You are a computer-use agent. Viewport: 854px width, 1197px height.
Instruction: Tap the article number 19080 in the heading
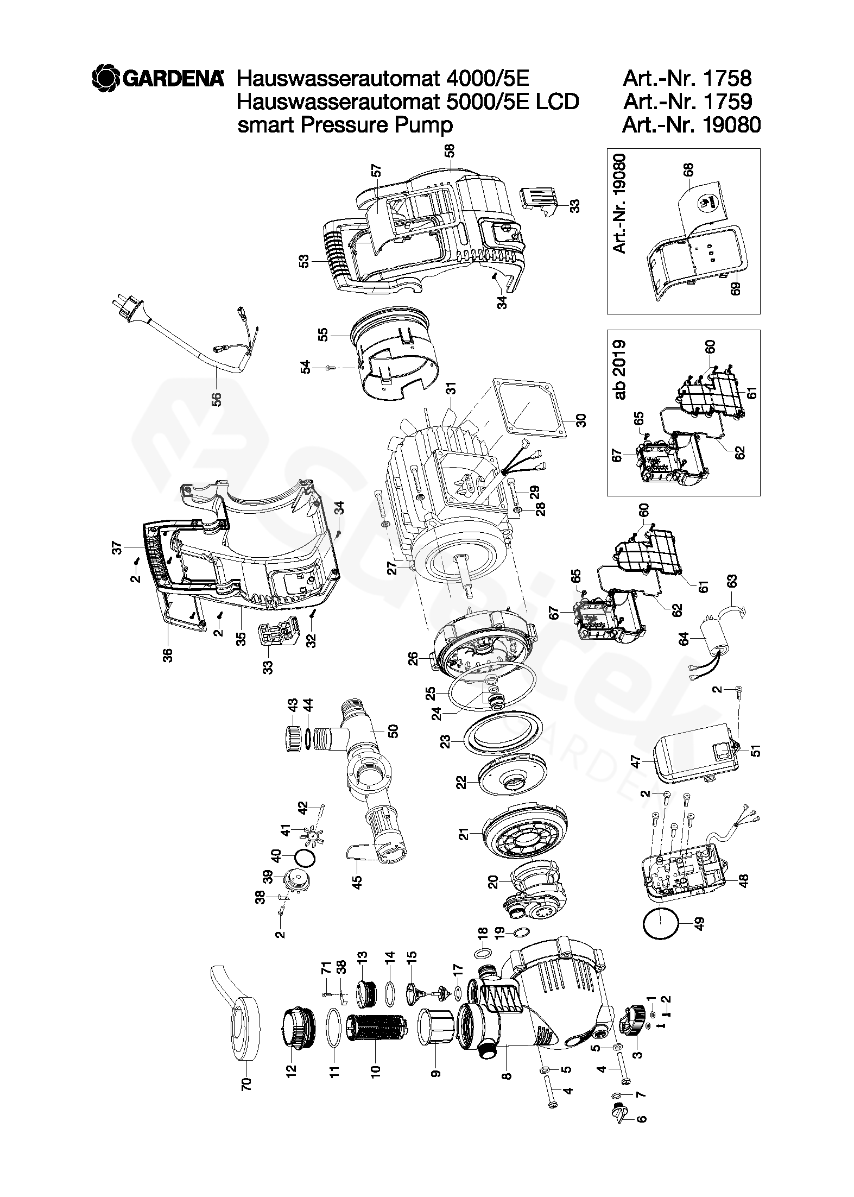point(731,125)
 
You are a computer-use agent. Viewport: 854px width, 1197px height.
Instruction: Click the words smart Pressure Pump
point(345,125)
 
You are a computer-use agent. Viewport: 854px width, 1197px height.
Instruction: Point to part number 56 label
point(217,399)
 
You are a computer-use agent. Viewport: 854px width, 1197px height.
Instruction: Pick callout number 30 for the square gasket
point(581,421)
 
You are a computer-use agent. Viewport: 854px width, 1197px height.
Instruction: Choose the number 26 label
point(413,659)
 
